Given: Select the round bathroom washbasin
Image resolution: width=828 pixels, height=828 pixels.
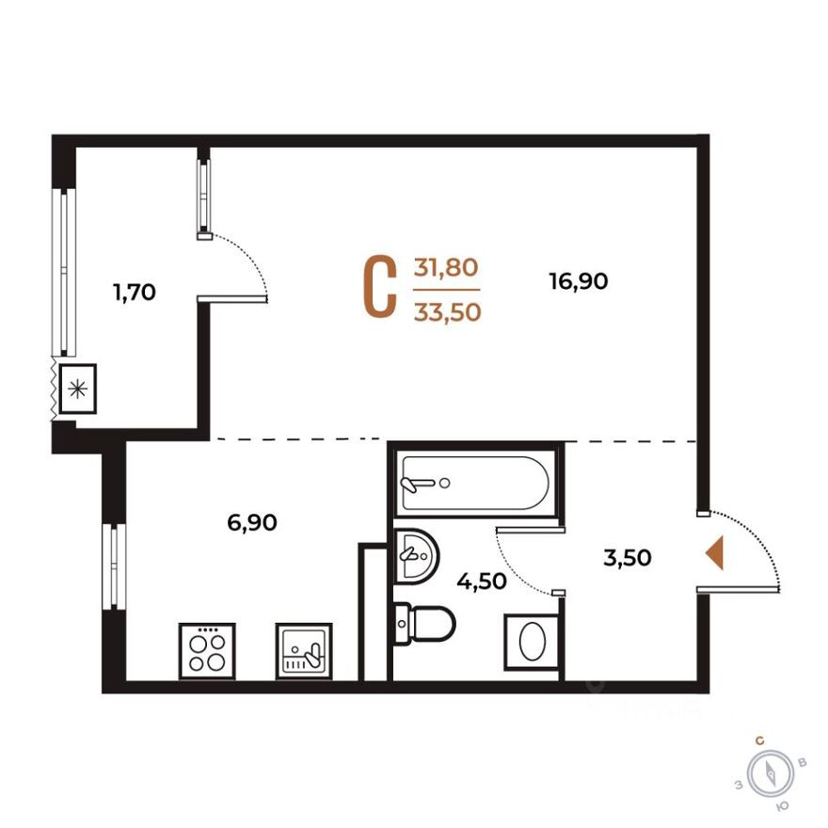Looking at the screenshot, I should point(415,554).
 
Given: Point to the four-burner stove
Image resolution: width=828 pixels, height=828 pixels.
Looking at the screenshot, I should point(206,650).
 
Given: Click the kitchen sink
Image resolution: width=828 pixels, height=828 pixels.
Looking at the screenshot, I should point(304,650).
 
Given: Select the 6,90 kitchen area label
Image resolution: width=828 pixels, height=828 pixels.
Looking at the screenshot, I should point(252,523).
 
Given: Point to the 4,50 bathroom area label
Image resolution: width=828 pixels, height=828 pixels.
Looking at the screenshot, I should point(482,581).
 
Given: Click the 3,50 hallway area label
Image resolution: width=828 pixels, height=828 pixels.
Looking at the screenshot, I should point(627,558).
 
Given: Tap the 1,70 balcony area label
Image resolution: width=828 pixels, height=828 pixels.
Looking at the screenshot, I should point(134,293).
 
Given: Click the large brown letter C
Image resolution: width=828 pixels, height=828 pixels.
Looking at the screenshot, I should point(379,287).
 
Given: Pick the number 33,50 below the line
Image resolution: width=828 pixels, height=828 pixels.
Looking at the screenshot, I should point(447,311).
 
